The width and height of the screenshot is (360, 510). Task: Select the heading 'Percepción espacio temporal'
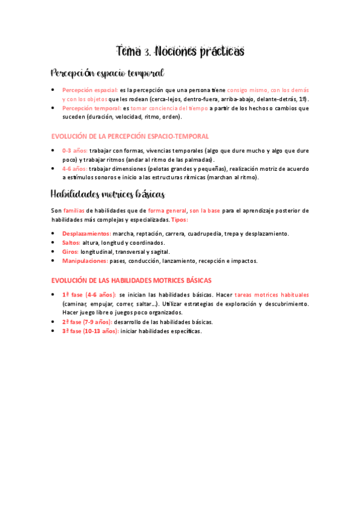click(x=108, y=73)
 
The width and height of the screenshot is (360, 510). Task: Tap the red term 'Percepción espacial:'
click(x=90, y=90)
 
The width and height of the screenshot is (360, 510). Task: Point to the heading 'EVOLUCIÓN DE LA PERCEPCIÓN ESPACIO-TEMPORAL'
click(x=130, y=137)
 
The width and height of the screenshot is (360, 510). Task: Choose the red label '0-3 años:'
click(x=75, y=151)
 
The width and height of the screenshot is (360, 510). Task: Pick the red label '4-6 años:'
click(x=75, y=169)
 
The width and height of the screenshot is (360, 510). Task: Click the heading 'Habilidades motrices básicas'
click(x=108, y=194)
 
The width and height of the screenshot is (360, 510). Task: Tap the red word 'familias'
click(x=73, y=210)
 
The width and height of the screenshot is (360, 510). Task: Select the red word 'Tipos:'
click(x=179, y=220)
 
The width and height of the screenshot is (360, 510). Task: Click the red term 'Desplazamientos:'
click(x=87, y=233)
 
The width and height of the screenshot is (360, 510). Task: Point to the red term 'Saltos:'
click(x=72, y=242)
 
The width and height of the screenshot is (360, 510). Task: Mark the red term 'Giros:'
click(x=70, y=251)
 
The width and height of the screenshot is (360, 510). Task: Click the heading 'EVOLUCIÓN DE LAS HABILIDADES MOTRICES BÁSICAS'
click(x=131, y=280)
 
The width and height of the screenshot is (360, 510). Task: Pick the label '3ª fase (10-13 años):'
click(x=90, y=331)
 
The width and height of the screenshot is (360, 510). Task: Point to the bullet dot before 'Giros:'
click(x=53, y=251)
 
